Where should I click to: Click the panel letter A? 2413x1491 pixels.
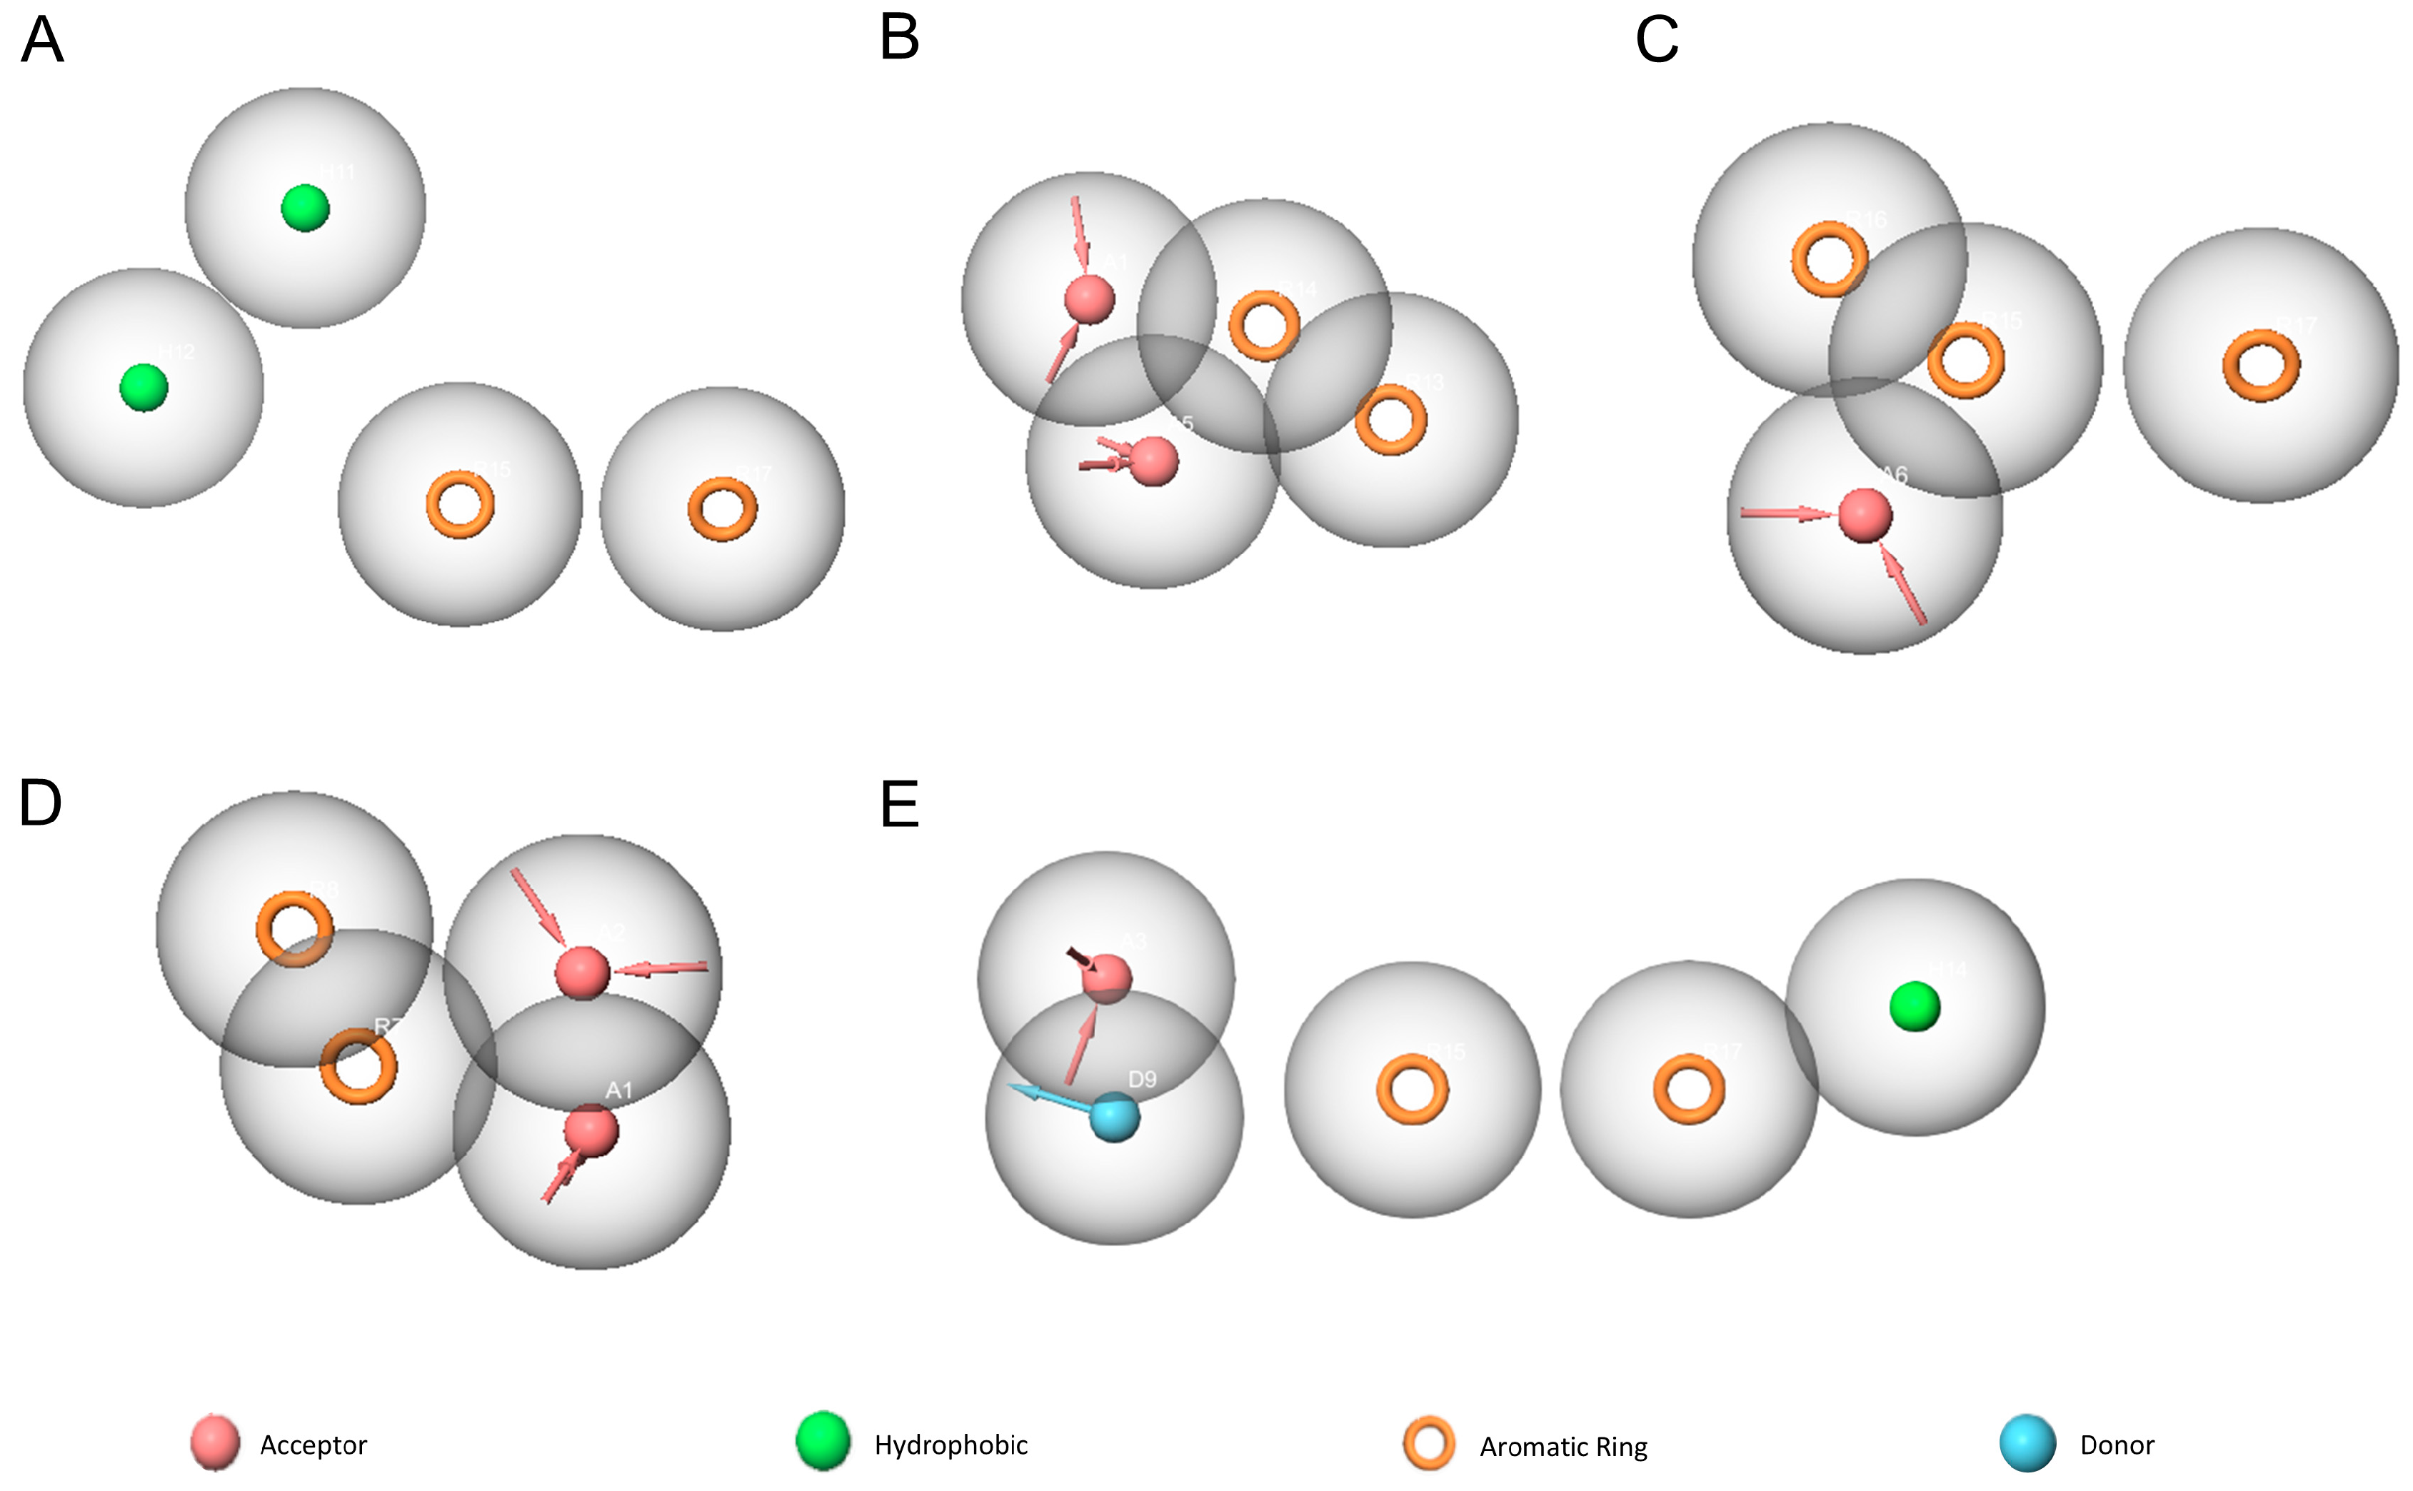click(42, 41)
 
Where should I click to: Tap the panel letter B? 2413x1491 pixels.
click(899, 39)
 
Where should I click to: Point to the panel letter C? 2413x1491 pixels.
click(1657, 41)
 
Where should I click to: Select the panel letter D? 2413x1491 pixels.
click(41, 803)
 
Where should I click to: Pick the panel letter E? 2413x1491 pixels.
click(899, 805)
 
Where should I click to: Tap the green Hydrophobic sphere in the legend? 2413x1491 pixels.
click(823, 1441)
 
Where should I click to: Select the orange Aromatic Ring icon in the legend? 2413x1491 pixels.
click(1429, 1445)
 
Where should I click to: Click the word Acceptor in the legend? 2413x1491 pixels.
click(313, 1445)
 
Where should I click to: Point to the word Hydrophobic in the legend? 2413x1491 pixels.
click(950, 1445)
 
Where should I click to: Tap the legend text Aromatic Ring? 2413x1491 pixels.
click(1563, 1447)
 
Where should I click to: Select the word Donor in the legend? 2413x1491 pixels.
click(2117, 1445)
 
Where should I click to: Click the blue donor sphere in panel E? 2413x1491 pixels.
click(1115, 1118)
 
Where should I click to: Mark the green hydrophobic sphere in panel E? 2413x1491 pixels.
click(1915, 1007)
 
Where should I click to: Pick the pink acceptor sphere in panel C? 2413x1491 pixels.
click(1865, 515)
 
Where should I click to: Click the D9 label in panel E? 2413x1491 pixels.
click(1142, 1080)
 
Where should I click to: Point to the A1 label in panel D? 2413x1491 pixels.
click(618, 1090)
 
